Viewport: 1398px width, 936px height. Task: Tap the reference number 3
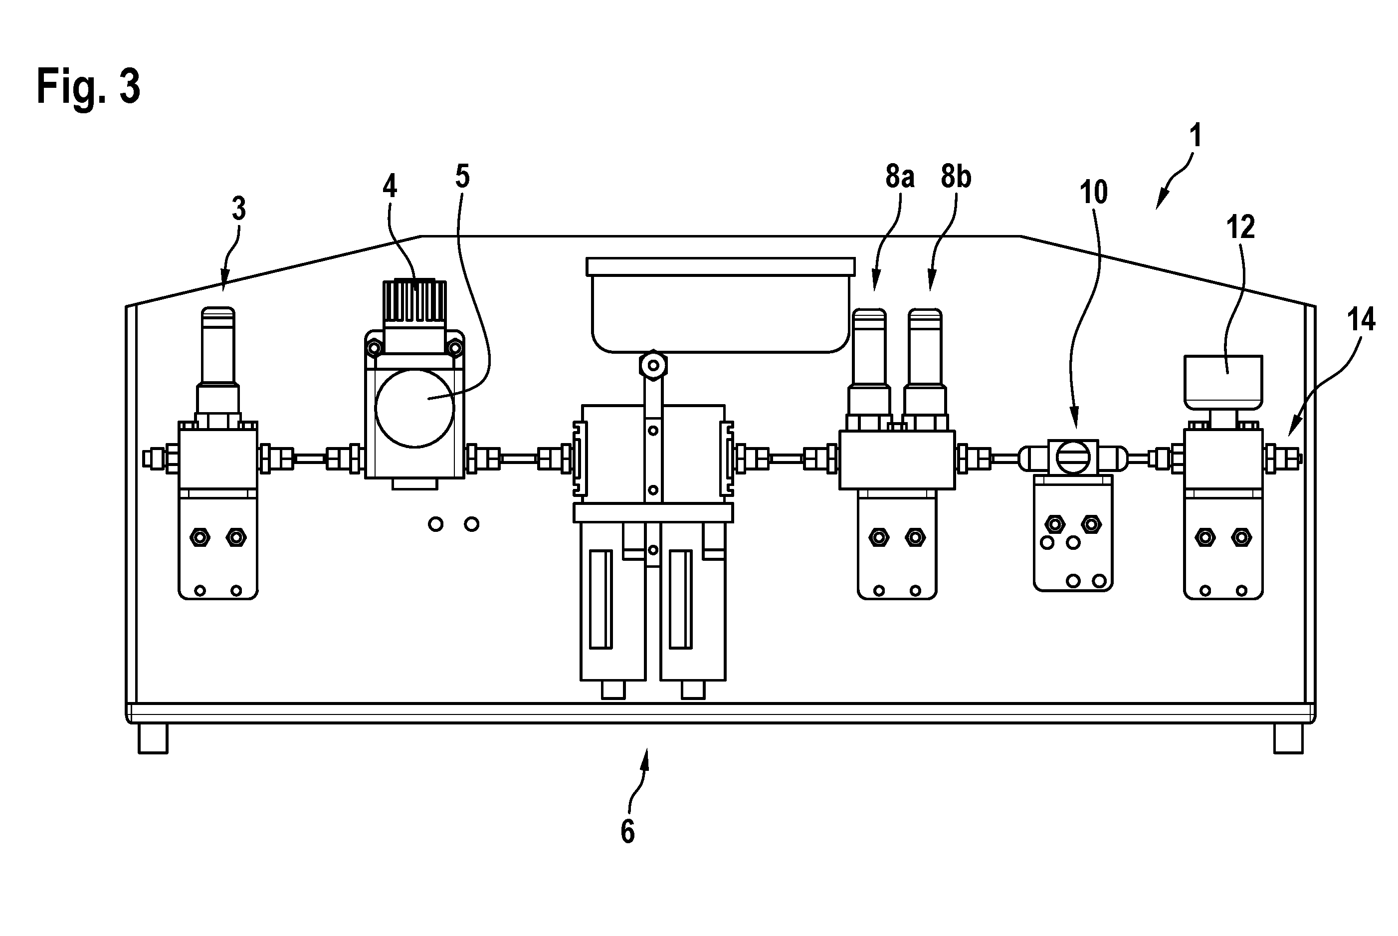[239, 209]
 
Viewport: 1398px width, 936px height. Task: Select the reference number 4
[390, 186]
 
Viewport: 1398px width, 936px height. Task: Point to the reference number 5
[462, 176]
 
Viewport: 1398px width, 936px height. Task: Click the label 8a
[900, 177]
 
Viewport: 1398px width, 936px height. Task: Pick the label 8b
[956, 177]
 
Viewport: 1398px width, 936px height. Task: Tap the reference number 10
[1094, 192]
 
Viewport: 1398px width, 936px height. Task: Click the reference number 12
[1240, 228]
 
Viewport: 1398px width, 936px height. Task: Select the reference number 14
[1361, 319]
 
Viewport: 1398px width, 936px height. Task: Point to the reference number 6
[628, 832]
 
